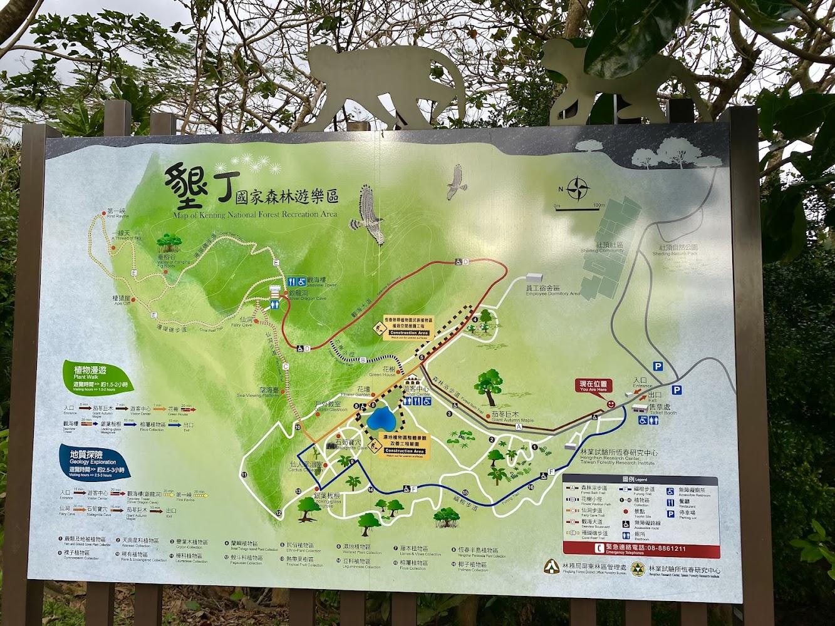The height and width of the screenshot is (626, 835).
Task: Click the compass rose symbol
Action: point(579,188)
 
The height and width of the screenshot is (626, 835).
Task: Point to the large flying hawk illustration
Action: point(368,210)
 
